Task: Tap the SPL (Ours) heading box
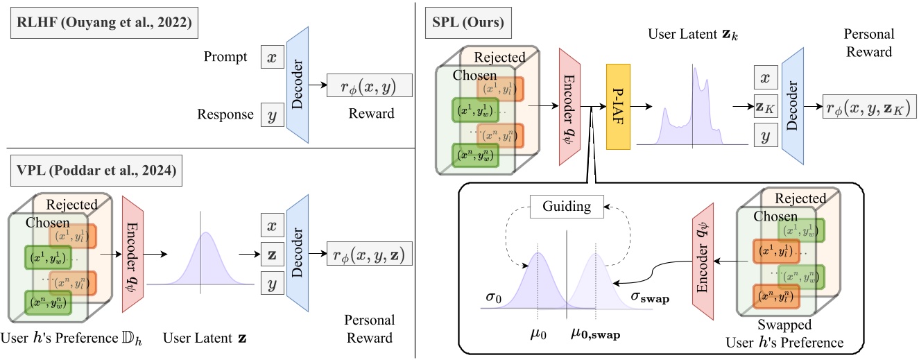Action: [469, 26]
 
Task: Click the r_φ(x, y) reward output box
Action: [369, 85]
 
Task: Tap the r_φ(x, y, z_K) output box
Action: [866, 107]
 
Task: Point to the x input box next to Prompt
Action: [271, 58]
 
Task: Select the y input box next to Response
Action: [271, 114]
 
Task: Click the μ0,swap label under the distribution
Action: [595, 334]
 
